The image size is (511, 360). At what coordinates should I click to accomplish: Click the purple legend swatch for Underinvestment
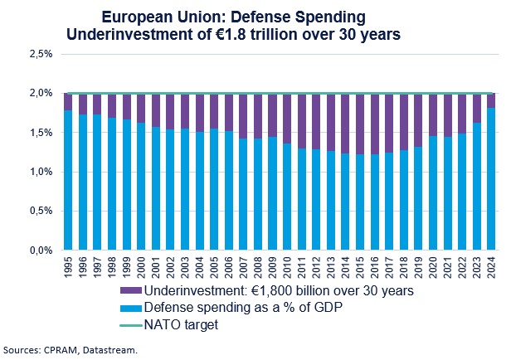[x=135, y=292]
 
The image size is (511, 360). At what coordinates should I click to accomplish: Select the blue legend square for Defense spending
[x=135, y=309]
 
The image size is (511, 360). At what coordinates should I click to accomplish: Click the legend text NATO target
[x=182, y=325]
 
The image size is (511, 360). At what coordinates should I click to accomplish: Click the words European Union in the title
[x=149, y=16]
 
